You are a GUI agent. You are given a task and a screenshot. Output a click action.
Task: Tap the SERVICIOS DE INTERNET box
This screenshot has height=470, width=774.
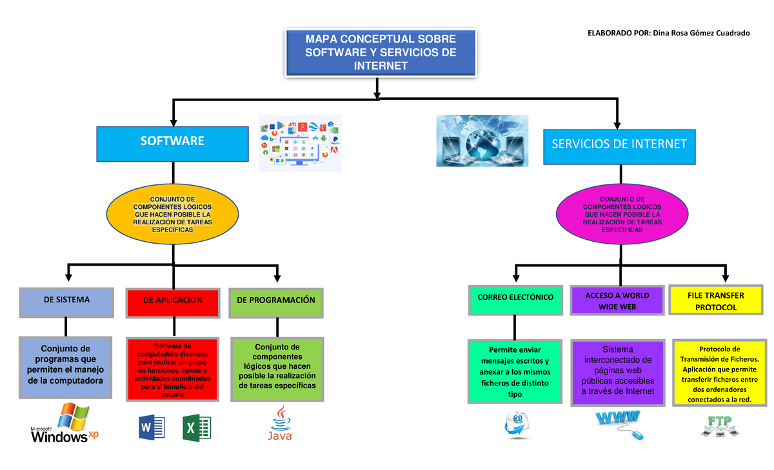[x=619, y=144]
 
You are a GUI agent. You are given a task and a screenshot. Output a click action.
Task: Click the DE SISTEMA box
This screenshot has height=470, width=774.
[x=66, y=301]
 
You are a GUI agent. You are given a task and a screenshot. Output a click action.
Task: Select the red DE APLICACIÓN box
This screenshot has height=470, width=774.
[x=173, y=302]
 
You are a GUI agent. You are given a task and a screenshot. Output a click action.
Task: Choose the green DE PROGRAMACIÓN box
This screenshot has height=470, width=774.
[x=276, y=302]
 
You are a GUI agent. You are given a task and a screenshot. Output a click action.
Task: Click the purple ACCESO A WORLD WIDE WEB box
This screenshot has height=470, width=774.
[x=617, y=300]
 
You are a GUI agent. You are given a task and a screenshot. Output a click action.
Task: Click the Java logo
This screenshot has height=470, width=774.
[x=280, y=424]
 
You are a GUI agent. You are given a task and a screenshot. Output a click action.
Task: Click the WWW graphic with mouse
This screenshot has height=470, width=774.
[x=618, y=423]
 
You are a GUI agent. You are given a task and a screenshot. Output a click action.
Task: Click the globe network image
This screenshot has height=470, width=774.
[x=482, y=141]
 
